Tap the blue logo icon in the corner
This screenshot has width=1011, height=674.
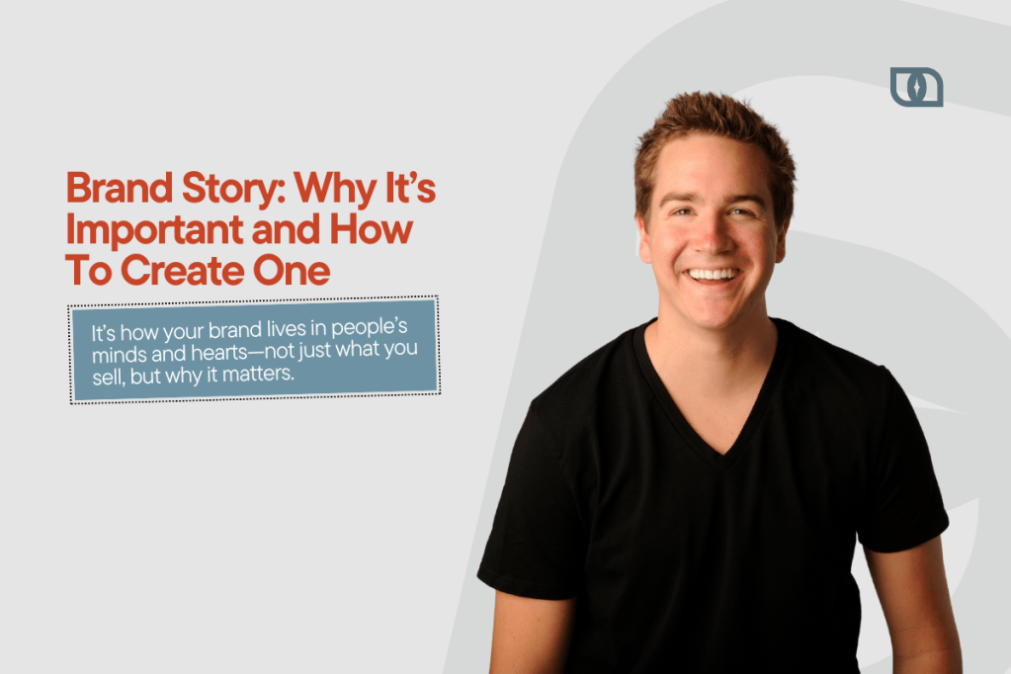pos(915,87)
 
